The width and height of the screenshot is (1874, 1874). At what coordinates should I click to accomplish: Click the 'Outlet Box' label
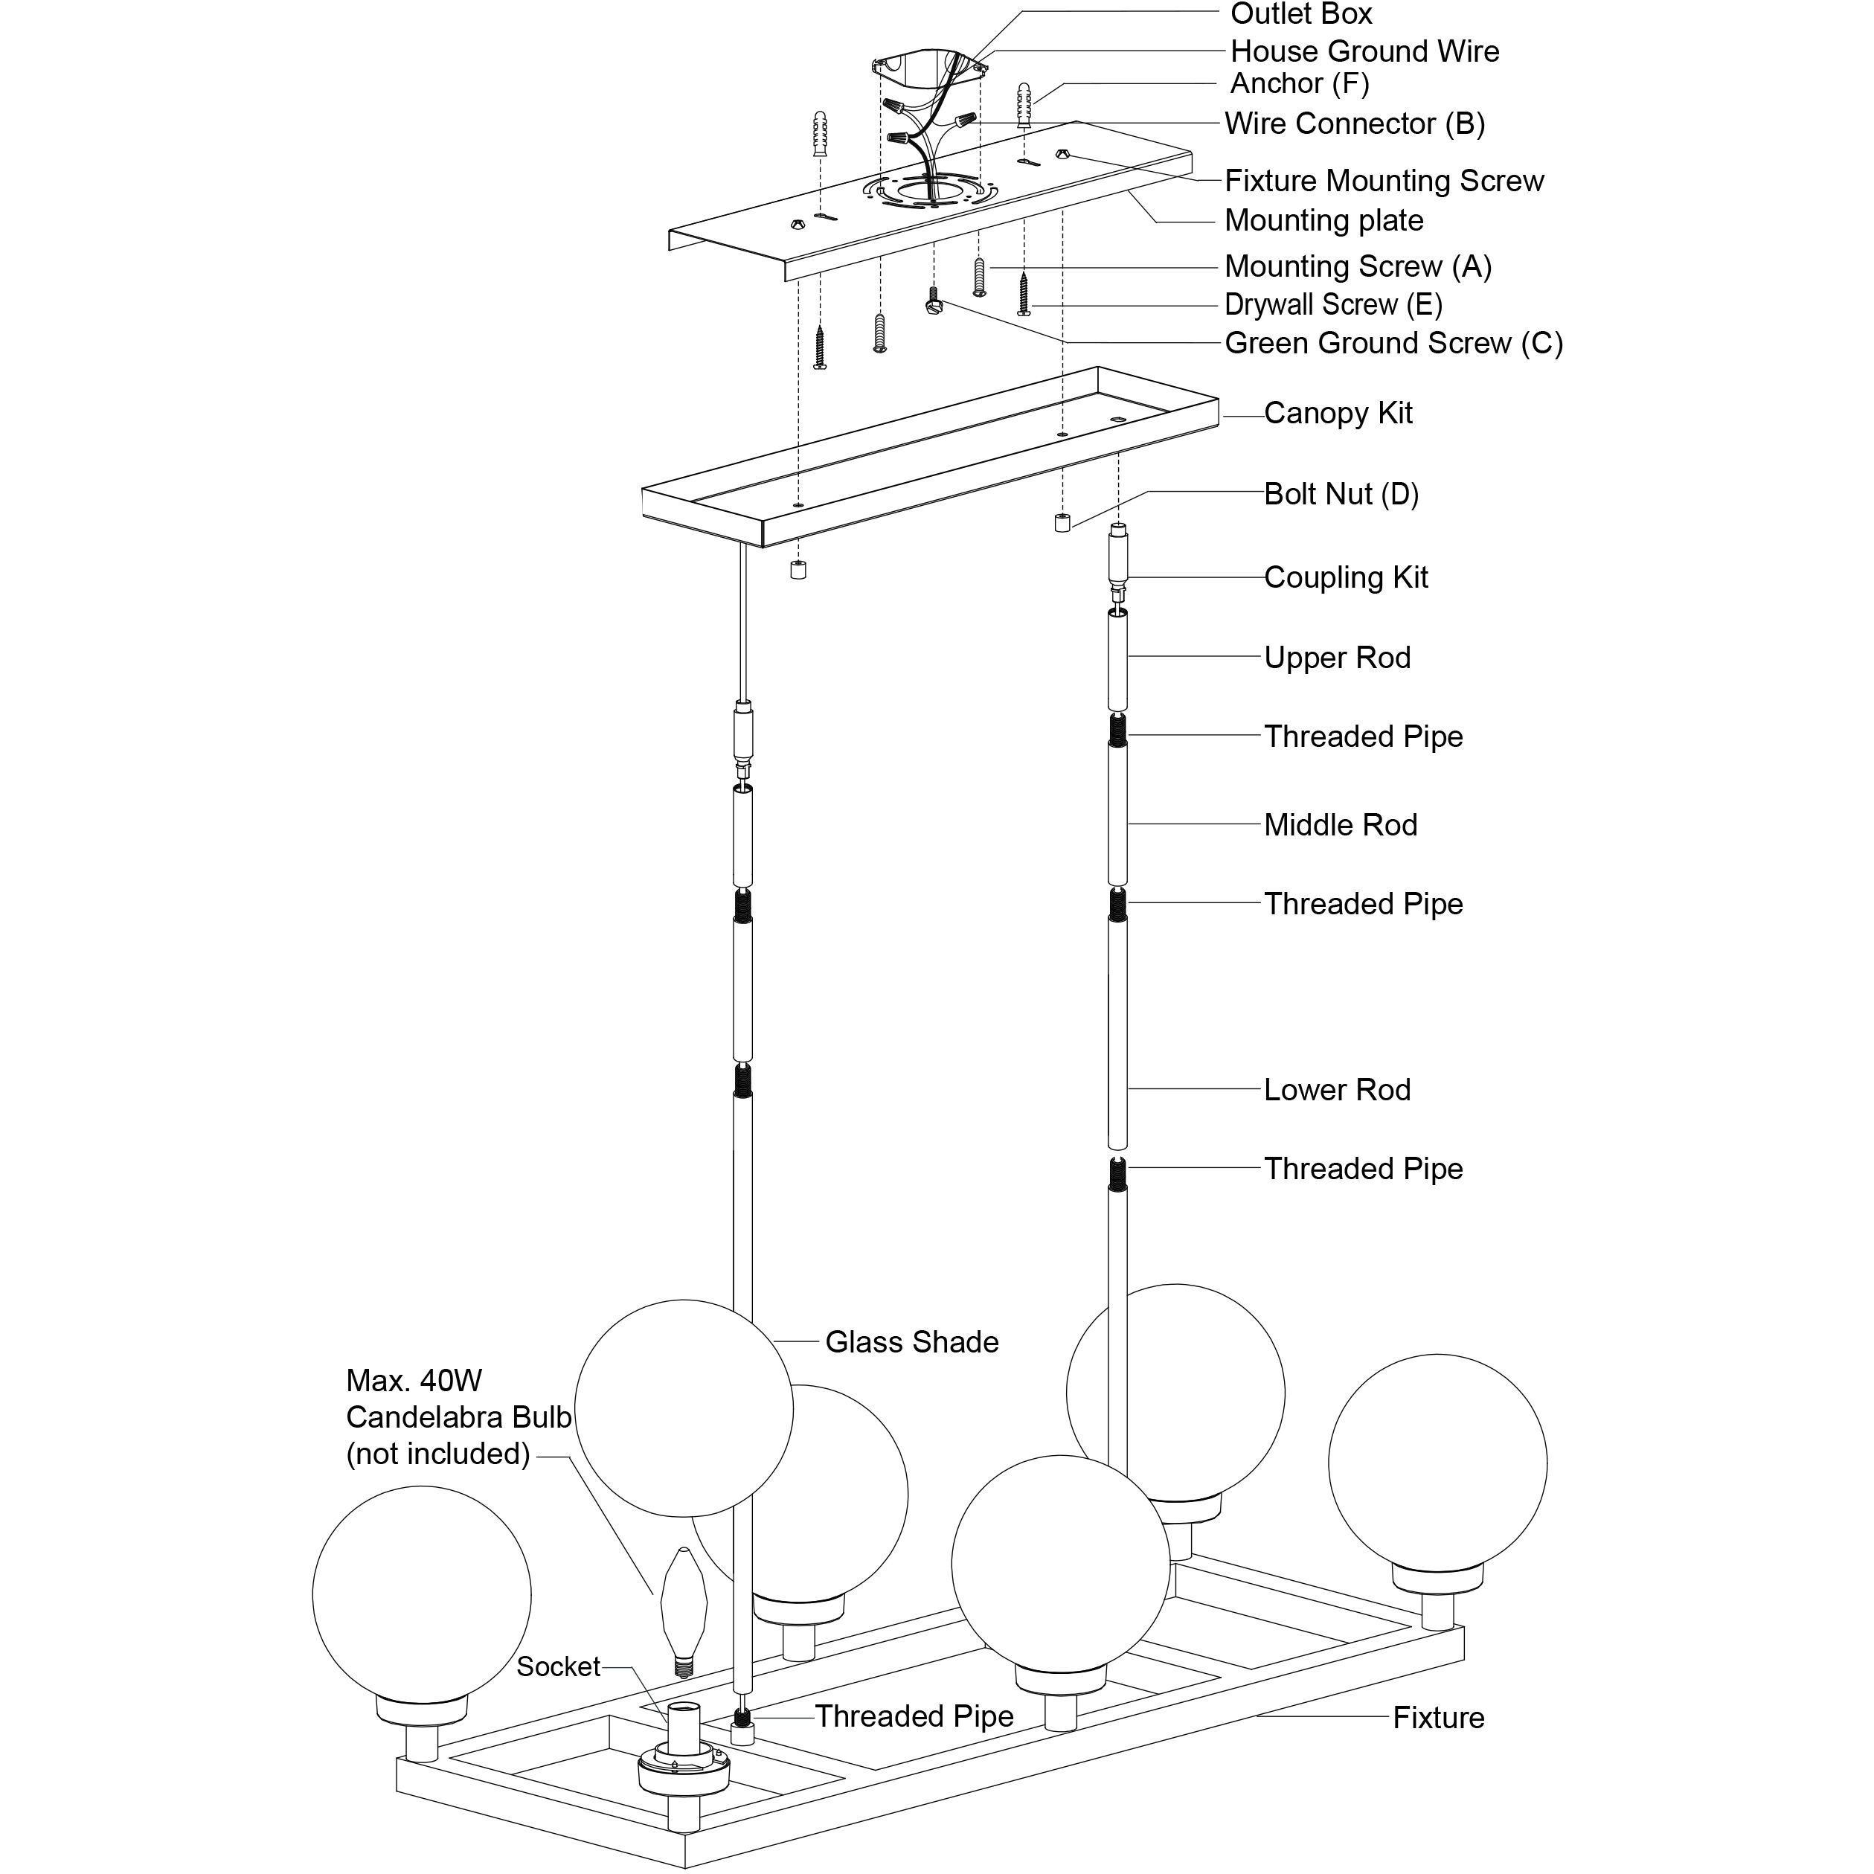[1300, 15]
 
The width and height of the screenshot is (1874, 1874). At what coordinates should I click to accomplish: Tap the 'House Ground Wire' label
[1364, 51]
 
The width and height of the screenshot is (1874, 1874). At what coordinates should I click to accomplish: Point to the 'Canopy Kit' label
[1338, 413]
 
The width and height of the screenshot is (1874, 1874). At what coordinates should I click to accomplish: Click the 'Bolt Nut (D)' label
[1341, 495]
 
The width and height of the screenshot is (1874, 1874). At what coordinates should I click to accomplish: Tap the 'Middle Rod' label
[1340, 826]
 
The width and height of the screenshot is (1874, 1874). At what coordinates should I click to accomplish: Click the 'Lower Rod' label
[1337, 1091]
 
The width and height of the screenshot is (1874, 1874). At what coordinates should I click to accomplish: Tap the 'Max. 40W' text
[413, 1382]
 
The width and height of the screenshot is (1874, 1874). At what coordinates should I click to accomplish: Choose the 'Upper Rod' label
[1337, 658]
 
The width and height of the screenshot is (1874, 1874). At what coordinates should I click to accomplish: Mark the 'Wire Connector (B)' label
[1354, 124]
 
